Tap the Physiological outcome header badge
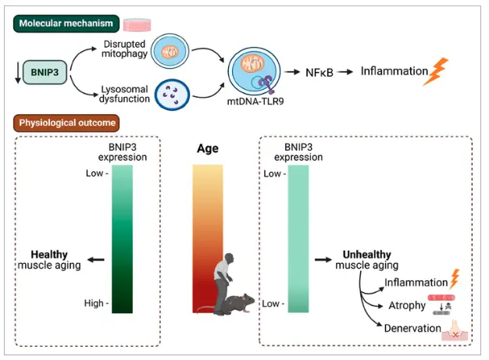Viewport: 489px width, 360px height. [x=62, y=122]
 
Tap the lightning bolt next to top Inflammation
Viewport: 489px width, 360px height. [x=439, y=72]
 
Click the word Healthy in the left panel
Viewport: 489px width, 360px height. [x=49, y=255]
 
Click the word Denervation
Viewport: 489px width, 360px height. [x=412, y=329]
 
